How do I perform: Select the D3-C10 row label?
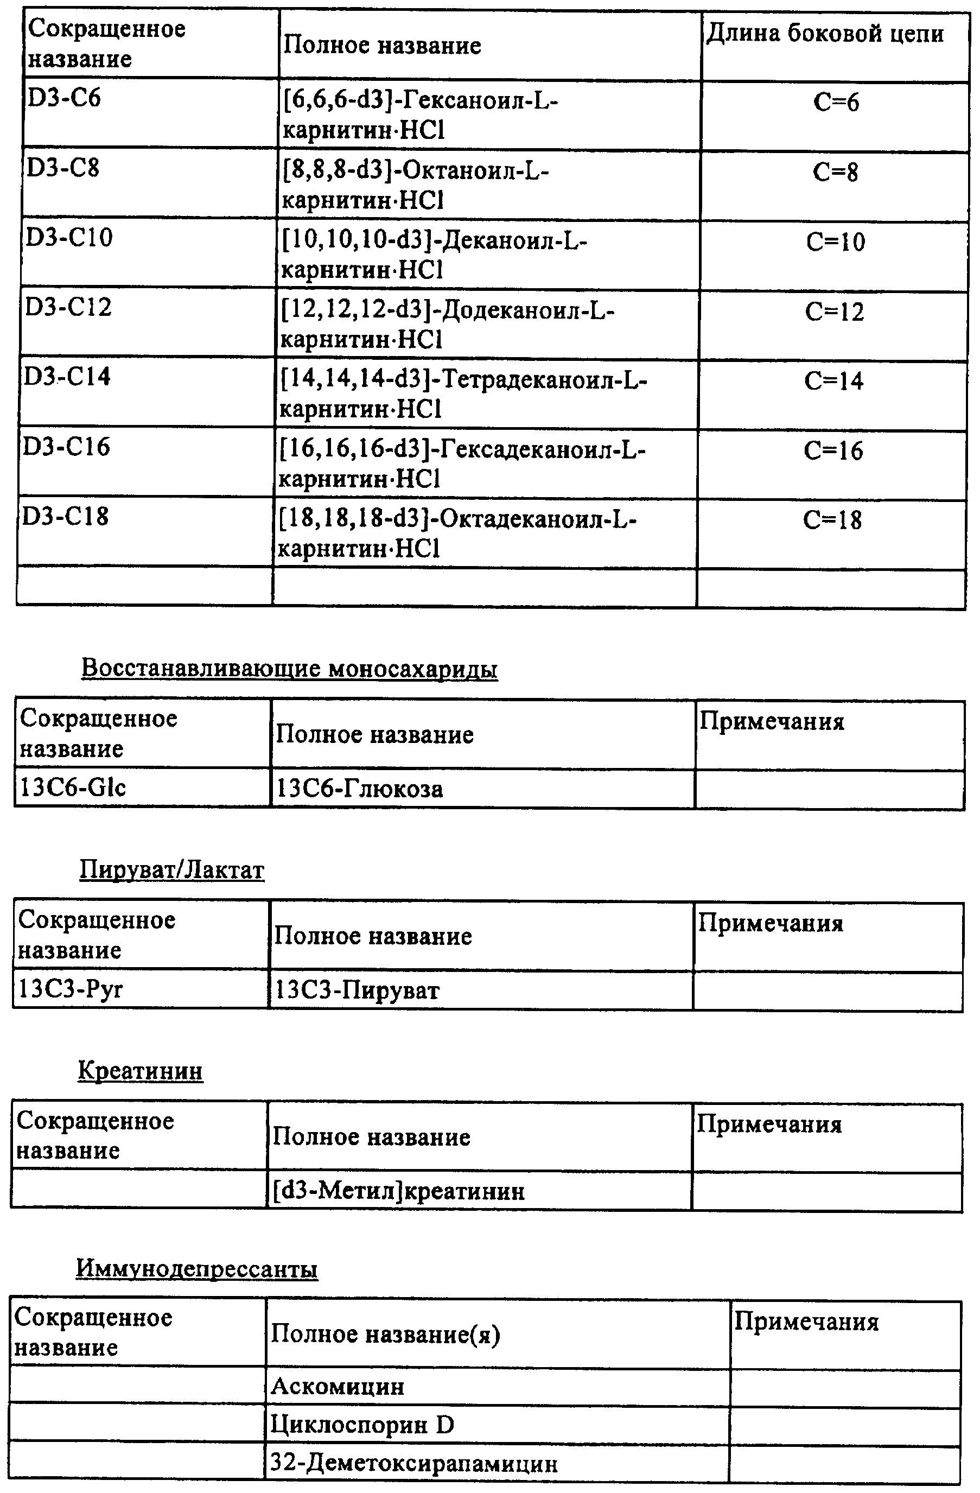[x=69, y=238]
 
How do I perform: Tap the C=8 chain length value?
[x=835, y=172]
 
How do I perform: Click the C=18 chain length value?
[x=832, y=520]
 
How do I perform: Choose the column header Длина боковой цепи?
[x=825, y=34]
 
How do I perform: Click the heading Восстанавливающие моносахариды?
[x=290, y=668]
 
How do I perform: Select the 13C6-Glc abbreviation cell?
[x=73, y=787]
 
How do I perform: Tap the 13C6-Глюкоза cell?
[x=360, y=789]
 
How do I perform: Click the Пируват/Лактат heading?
[x=172, y=869]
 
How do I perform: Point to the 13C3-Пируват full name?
[x=358, y=990]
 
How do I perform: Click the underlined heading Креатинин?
[x=141, y=1070]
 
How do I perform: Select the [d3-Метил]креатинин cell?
[x=399, y=1191]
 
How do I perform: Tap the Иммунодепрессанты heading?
[x=197, y=1268]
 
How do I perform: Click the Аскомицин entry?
[x=338, y=1386]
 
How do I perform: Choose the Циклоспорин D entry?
[x=362, y=1425]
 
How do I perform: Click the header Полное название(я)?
[x=385, y=1335]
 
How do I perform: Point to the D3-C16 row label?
[x=67, y=447]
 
